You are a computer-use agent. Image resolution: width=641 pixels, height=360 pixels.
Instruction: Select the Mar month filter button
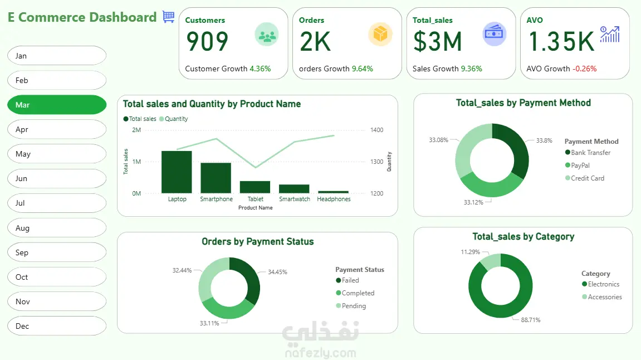tap(56, 105)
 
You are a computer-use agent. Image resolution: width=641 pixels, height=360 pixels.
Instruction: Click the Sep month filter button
tap(56, 252)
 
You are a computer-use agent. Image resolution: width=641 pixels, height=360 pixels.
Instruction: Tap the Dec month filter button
tap(56, 326)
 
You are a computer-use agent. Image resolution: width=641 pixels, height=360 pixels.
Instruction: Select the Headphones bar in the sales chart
tap(333, 192)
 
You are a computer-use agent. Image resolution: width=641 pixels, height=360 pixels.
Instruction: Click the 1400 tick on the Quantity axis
tap(376, 130)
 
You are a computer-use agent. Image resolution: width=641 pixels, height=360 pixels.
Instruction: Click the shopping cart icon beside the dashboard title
tap(169, 17)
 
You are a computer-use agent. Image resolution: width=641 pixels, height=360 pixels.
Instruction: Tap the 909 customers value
tap(207, 41)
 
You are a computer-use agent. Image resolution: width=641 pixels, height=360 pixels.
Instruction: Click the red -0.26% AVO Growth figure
tap(584, 69)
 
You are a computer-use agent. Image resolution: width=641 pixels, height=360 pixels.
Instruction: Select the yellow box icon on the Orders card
tap(380, 35)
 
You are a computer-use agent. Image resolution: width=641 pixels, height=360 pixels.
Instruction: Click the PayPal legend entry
tap(580, 166)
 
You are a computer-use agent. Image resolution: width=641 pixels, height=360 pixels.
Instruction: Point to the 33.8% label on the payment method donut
tap(544, 141)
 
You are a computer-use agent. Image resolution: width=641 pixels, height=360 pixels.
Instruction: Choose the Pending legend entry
tap(354, 306)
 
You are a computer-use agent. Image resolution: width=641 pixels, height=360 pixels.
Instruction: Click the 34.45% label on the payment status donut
tap(277, 273)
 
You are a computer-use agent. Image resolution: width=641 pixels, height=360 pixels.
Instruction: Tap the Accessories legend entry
tap(604, 297)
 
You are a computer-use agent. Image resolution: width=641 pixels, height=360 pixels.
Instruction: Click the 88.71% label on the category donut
tap(530, 320)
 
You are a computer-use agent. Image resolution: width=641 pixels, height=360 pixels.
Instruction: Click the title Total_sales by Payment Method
tap(523, 103)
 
